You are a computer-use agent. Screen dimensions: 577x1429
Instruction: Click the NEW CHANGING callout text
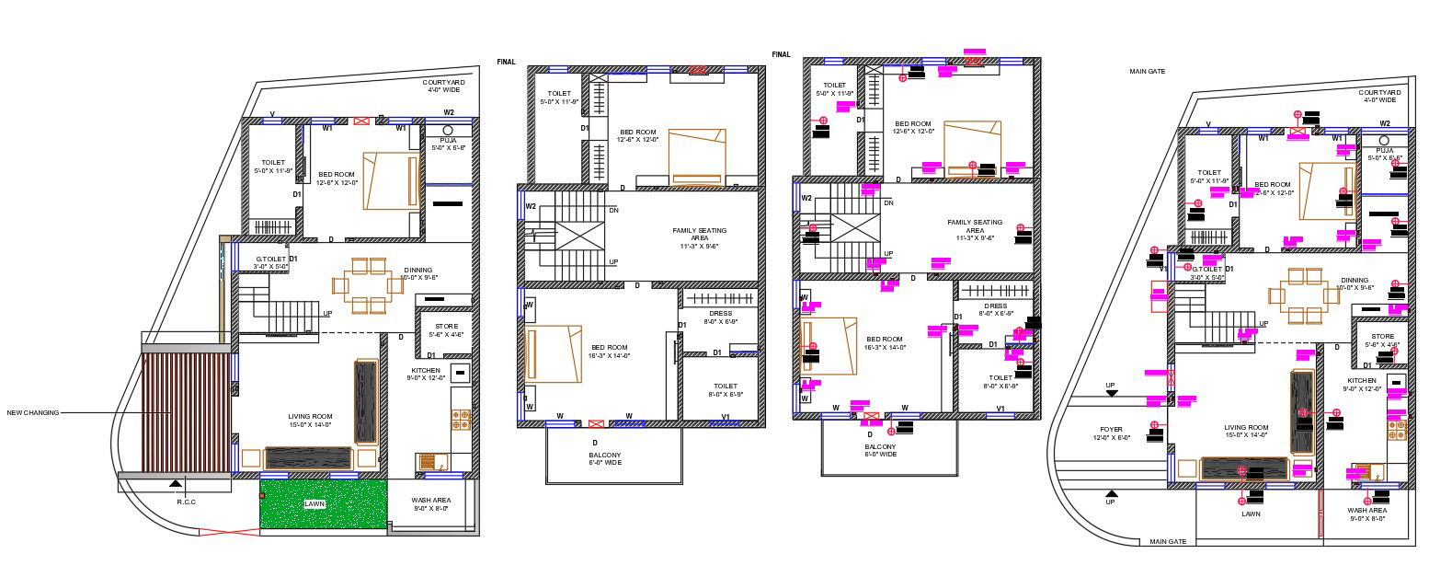(33, 412)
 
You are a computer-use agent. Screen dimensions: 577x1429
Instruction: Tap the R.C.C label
(187, 502)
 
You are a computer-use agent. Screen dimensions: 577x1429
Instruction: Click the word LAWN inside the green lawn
(315, 504)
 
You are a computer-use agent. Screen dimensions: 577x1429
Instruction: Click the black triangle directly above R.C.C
(176, 482)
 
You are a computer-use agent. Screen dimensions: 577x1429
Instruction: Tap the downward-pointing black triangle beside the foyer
(1111, 393)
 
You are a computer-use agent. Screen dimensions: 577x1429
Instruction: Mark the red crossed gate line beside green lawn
(229, 531)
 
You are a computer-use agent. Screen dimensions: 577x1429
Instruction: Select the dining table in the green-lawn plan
(368, 284)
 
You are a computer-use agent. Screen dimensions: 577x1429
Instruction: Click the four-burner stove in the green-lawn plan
(461, 420)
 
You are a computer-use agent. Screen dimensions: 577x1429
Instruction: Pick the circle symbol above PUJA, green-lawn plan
(449, 131)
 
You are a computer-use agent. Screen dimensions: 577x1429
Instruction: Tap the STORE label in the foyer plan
(1382, 337)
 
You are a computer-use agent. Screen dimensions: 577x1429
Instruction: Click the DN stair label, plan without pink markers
(613, 210)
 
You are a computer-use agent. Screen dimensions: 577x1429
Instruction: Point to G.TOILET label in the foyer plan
(1206, 270)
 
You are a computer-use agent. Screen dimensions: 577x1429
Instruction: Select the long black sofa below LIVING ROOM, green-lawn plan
(309, 458)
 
